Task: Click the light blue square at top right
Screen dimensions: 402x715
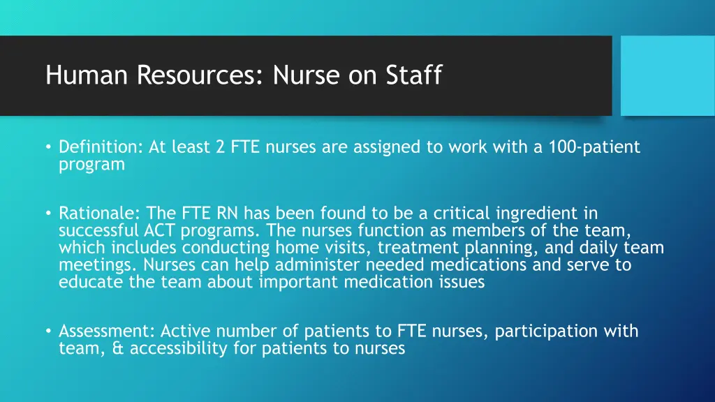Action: (x=668, y=75)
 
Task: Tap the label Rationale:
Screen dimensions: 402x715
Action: (x=101, y=213)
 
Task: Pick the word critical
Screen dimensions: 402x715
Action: (x=463, y=213)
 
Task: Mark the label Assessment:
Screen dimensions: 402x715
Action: (x=108, y=331)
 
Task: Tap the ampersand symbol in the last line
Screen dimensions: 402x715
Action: (x=117, y=348)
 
